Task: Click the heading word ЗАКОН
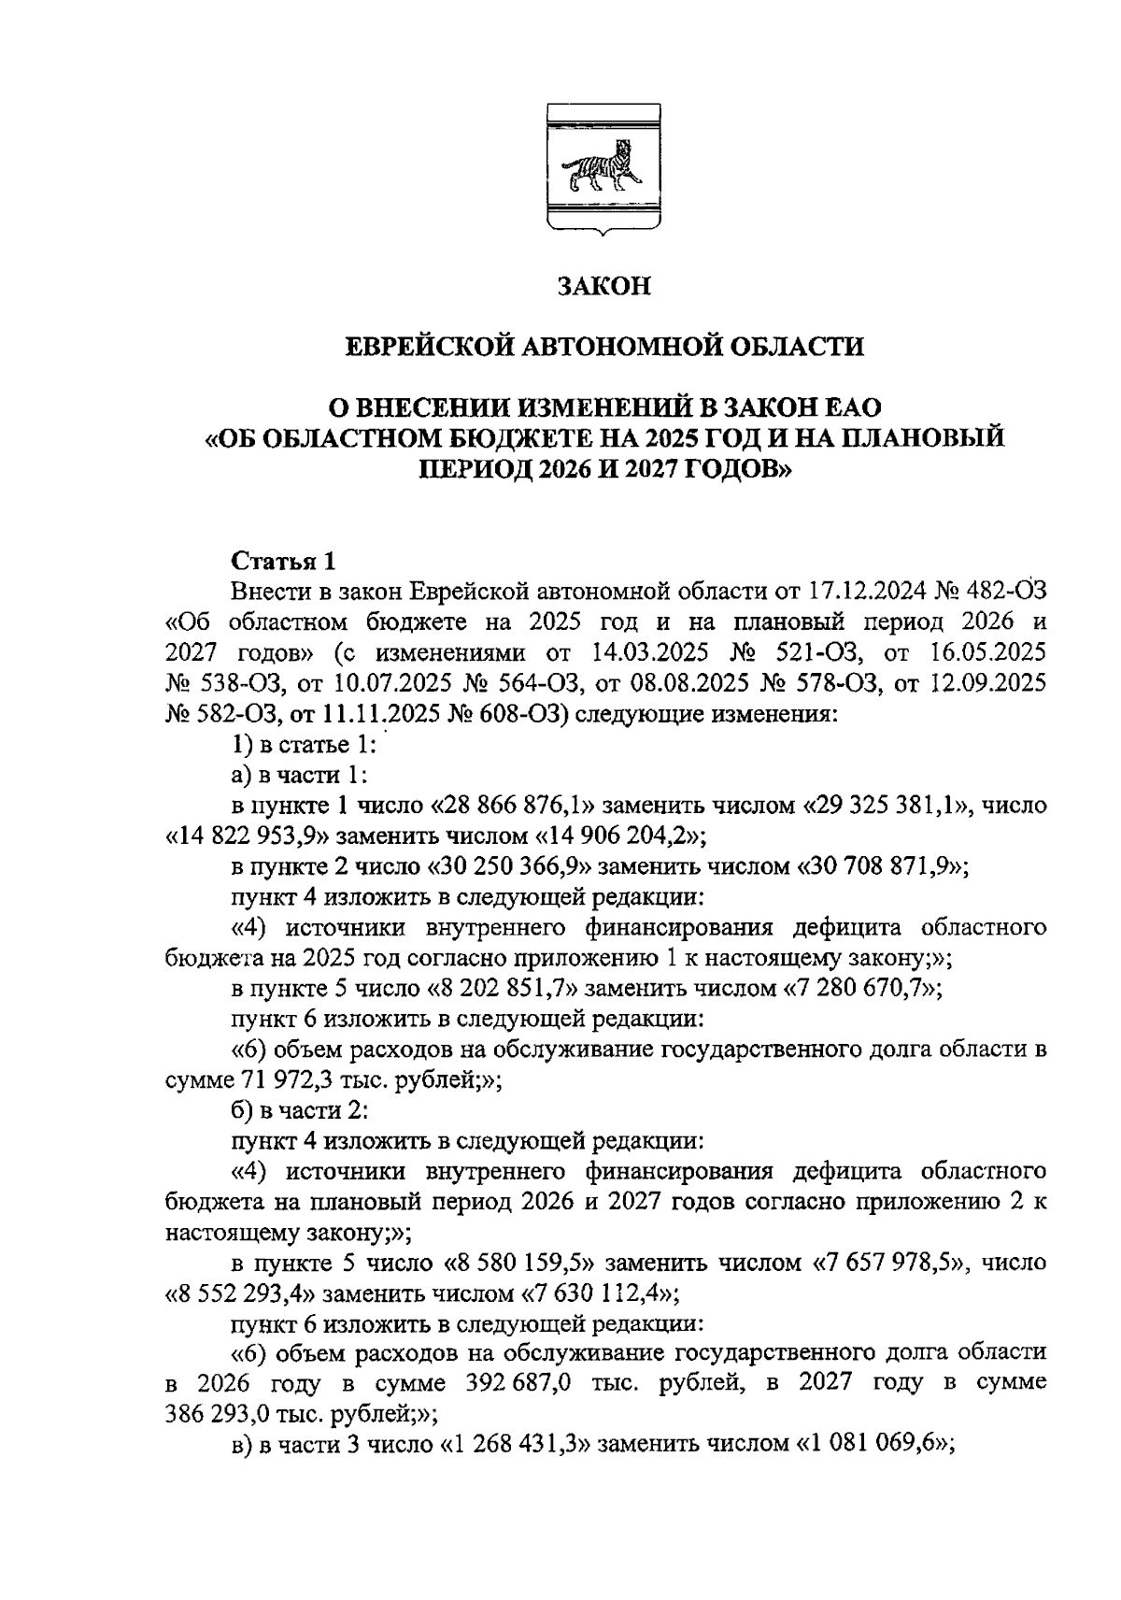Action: click(x=603, y=286)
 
